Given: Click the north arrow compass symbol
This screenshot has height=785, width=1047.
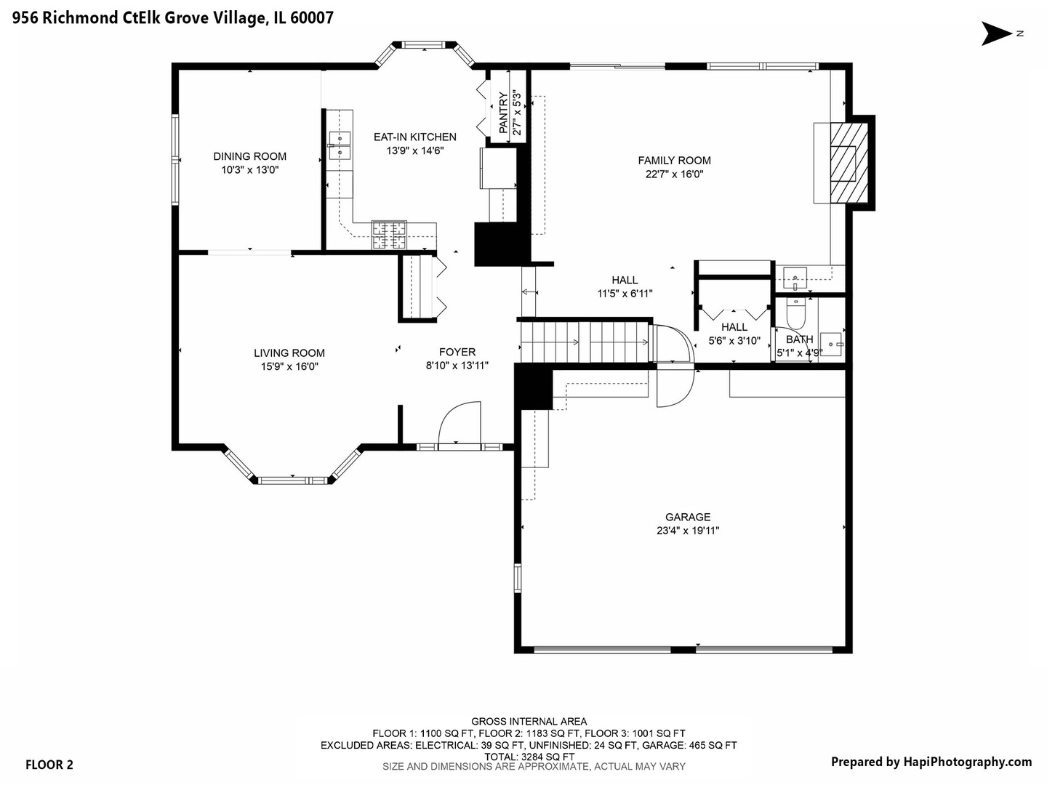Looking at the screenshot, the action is [996, 33].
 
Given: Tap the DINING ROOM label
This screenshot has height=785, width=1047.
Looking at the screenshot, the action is [249, 156].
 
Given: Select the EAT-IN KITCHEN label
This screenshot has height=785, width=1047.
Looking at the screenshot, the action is [415, 137].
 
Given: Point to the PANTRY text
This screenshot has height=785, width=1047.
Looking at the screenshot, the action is [503, 113].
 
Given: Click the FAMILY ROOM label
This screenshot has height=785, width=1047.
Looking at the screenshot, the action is [674, 161].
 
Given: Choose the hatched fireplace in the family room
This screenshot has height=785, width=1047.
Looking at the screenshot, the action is [849, 163].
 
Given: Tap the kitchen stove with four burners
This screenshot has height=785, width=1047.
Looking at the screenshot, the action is [389, 235].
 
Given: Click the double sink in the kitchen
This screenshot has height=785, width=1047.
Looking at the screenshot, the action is [340, 146].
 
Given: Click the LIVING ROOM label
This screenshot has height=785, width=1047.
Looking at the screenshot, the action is [289, 353].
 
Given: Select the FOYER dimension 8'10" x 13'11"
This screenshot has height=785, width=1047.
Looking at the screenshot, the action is [457, 366].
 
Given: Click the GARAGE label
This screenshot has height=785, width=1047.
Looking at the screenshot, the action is [688, 517].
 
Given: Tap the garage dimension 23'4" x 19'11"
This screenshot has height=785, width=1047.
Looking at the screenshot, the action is [688, 531].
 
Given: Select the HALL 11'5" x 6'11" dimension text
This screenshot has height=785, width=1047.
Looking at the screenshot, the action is [625, 294].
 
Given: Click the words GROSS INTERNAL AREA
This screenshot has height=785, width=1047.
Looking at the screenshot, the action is [529, 722].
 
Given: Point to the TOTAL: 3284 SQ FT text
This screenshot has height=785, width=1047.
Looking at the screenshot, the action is [529, 757].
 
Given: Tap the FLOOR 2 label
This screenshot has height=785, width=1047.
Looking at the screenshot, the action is [49, 765].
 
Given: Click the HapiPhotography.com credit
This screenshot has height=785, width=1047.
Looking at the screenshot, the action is [967, 762].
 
